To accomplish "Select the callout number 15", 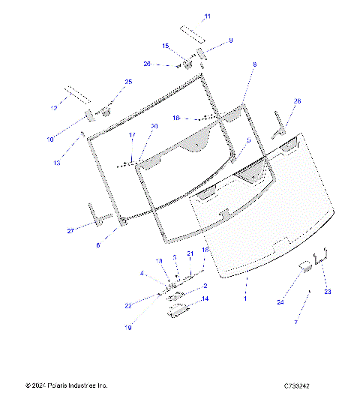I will click(166, 46).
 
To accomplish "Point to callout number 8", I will click(254, 65).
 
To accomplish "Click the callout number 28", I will click(297, 100).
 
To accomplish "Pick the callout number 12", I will click(53, 109).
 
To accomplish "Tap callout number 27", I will click(70, 231).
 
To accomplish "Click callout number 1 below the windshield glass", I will click(245, 297).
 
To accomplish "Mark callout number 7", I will click(295, 321).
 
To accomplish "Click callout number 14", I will click(205, 298).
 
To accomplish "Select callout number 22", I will click(148, 304).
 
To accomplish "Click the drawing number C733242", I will click(297, 385).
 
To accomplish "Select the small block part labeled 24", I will click(306, 265).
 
